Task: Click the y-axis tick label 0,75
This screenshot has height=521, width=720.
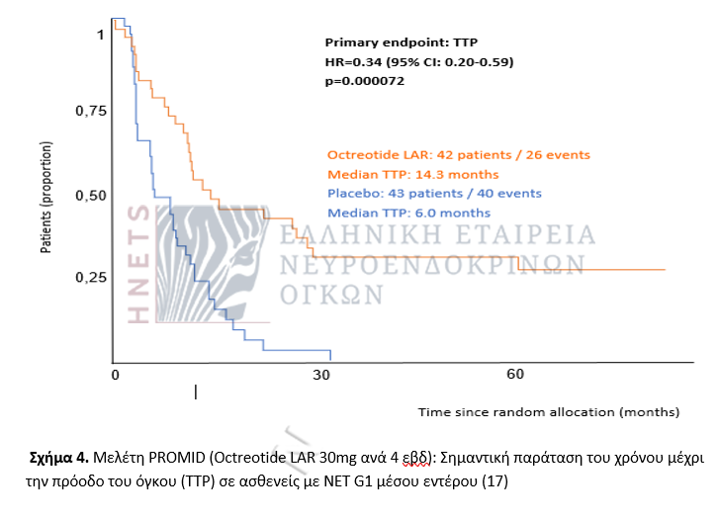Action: point(91,112)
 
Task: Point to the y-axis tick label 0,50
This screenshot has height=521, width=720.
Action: point(91,196)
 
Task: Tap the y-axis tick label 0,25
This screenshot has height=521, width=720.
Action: point(91,279)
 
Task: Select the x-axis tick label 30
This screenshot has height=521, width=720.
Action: point(319,376)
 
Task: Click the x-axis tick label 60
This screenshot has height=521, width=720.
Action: point(514,376)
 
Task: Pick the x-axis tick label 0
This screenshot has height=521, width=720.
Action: point(115,376)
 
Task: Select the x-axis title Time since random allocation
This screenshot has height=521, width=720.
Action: point(548,410)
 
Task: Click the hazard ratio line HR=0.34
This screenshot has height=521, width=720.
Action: point(419,62)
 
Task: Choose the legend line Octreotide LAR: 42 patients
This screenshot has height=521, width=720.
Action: point(458,154)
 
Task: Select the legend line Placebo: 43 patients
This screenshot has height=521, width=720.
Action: point(448,194)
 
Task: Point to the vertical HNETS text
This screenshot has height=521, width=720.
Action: point(139,264)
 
